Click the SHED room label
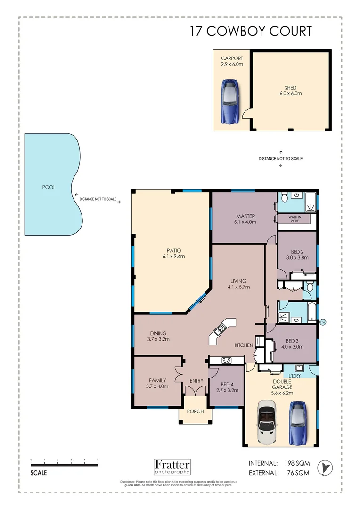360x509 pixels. click(x=290, y=88)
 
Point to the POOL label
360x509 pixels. click(x=49, y=187)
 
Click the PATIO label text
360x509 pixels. click(x=173, y=250)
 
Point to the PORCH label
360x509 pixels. click(x=195, y=411)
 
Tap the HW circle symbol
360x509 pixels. click(x=323, y=322)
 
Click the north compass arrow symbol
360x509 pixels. click(x=326, y=467)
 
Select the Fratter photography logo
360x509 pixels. click(x=172, y=466)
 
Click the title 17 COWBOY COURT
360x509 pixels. click(x=251, y=32)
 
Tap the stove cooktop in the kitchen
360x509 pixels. click(x=226, y=361)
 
